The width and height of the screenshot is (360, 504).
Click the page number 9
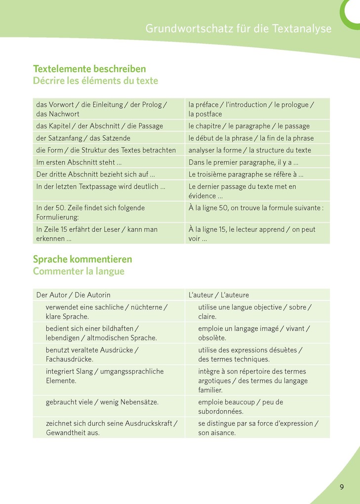click(x=342, y=487)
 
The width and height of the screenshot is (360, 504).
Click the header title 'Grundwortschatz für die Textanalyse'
click(x=239, y=29)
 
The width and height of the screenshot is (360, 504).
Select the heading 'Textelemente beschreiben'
click(x=89, y=69)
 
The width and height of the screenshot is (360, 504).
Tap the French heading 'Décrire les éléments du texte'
click(x=95, y=81)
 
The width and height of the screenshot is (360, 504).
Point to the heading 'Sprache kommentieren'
click(x=82, y=259)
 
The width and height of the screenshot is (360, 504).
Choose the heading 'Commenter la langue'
click(x=79, y=271)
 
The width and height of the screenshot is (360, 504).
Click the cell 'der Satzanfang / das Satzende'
click(x=83, y=138)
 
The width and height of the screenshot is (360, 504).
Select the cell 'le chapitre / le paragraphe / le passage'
click(x=249, y=126)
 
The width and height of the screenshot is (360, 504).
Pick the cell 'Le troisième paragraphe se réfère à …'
click(x=246, y=174)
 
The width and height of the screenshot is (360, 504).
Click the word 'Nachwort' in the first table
click(x=65, y=114)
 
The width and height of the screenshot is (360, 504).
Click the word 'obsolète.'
click(x=212, y=338)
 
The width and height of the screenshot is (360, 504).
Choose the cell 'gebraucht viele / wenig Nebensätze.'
click(x=102, y=402)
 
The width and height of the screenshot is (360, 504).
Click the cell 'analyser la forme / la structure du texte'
click(x=250, y=150)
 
